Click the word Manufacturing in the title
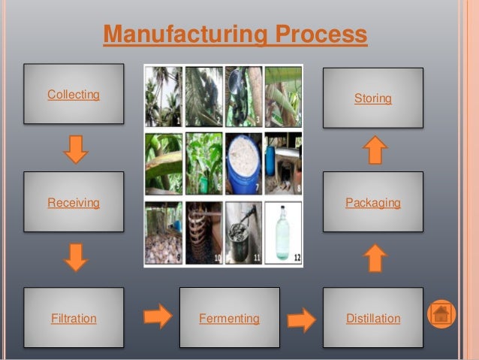tap(184, 35)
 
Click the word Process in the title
tap(321, 35)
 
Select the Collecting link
tap(74, 95)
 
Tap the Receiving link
tap(74, 203)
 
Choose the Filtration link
tap(74, 319)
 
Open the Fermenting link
tap(229, 319)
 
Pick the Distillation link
tap(373, 319)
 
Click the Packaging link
tap(373, 203)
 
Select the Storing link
tap(373, 98)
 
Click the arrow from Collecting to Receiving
tap(76, 149)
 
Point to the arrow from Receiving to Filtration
tap(76, 257)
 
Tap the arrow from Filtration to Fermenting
tap(158, 316)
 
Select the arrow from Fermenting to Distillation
tap(302, 319)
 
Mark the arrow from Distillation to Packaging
tap(375, 259)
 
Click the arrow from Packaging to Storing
tap(375, 150)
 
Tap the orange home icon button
tap(441, 313)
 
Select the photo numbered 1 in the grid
tap(163, 95)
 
